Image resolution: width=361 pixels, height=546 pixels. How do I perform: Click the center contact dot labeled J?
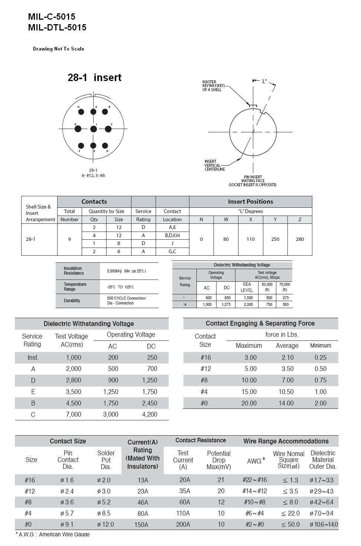94,129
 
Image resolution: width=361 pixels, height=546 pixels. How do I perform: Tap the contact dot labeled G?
78,129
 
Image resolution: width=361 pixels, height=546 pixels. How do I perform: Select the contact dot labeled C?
108,129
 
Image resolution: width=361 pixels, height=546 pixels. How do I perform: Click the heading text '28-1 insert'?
95,78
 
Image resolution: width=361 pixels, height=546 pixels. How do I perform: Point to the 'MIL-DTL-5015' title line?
57,28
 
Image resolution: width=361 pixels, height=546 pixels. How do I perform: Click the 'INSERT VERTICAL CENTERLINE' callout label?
215,165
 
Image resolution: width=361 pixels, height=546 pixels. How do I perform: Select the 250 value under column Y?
275,239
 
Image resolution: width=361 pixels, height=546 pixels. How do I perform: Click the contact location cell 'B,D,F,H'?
172,235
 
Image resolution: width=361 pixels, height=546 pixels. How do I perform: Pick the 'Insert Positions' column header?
250,202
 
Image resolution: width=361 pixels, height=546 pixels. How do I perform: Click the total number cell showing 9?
69,239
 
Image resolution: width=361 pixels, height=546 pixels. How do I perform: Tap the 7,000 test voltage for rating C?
74,414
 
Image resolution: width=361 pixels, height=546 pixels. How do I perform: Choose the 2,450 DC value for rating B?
150,403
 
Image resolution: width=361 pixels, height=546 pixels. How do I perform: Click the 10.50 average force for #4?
286,392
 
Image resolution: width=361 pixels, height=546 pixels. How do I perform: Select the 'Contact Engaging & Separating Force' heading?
260,323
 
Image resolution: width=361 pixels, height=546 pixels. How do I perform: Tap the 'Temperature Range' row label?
75,287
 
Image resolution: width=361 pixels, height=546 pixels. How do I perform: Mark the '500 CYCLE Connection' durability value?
126,298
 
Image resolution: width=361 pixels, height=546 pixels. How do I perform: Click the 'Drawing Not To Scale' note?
59,49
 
